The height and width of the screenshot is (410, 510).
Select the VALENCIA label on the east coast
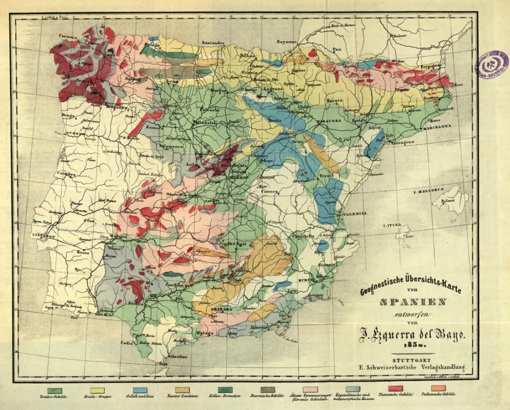355,213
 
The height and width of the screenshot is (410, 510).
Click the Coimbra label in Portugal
67,173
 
